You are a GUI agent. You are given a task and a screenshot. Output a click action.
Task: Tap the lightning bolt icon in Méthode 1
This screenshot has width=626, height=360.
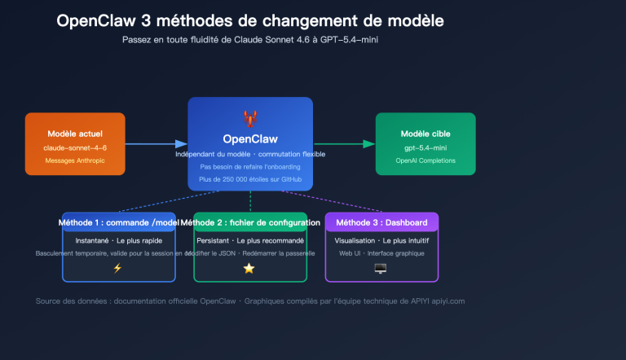tap(118, 268)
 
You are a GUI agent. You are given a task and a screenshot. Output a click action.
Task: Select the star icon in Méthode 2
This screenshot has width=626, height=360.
tap(249, 268)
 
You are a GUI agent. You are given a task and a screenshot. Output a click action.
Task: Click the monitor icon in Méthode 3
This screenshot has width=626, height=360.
tap(381, 268)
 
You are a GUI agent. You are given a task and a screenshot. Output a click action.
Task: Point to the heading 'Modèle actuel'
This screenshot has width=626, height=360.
tap(75, 133)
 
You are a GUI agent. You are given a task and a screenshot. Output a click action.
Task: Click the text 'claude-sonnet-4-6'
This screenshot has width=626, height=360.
tap(75, 147)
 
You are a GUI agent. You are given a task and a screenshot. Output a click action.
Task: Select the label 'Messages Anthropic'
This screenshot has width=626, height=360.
tap(75, 160)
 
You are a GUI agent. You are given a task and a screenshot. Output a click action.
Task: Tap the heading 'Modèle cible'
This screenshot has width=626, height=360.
tap(425, 133)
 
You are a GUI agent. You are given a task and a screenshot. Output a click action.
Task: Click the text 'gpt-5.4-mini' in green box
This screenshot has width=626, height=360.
tap(425, 147)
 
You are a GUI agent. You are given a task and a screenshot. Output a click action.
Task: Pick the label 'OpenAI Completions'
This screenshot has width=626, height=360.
tap(425, 160)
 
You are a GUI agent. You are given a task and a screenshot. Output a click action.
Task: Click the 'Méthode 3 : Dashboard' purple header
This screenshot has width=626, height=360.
tap(381, 222)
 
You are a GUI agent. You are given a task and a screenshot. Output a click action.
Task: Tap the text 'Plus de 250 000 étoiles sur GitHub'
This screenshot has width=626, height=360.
tap(249, 178)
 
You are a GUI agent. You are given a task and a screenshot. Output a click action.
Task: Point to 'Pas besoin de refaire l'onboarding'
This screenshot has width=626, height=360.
tap(249, 166)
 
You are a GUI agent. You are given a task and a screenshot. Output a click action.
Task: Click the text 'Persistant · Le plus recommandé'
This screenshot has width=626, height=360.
tap(249, 241)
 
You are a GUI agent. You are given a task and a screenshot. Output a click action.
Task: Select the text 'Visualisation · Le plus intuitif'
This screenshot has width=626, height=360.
tap(381, 241)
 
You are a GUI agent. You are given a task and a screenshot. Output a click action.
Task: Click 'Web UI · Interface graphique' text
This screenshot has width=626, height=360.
tap(381, 253)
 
